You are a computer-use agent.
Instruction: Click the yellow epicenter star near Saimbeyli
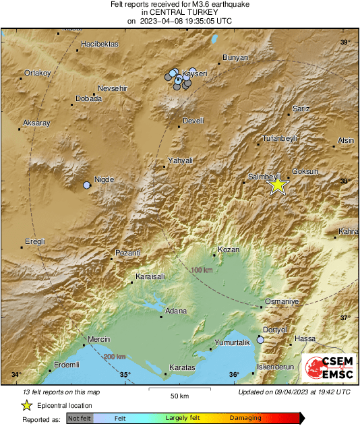pyautogui.click(x=277, y=185)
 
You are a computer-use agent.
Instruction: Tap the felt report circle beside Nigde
pyautogui.click(x=86, y=185)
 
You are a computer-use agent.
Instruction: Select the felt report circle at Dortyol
pyautogui.click(x=260, y=340)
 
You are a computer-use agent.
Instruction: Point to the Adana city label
pyautogui.click(x=176, y=311)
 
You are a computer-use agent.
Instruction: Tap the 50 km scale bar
pyautogui.click(x=179, y=390)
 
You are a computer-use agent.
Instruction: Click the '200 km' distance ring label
pyautogui.click(x=115, y=357)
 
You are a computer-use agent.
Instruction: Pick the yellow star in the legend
pyautogui.click(x=26, y=405)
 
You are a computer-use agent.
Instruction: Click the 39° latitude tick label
pyautogui.click(x=346, y=42)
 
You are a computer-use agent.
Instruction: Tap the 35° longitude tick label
pyautogui.click(x=125, y=375)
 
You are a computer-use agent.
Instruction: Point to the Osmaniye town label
pyautogui.click(x=282, y=301)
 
